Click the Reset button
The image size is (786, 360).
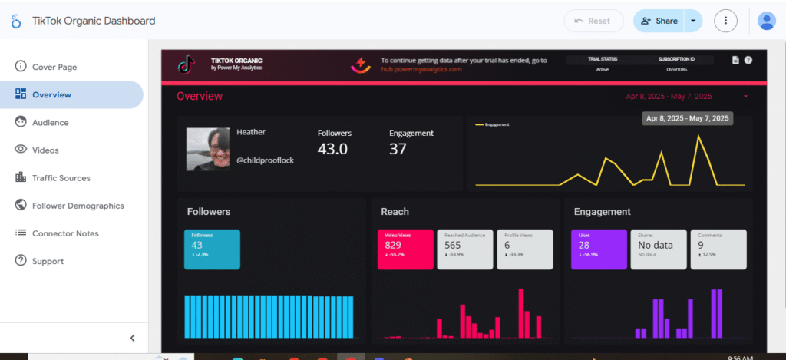click(x=593, y=21)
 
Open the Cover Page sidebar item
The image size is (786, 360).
click(x=54, y=67)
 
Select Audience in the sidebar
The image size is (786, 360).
click(x=50, y=122)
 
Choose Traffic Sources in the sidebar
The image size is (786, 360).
click(x=61, y=177)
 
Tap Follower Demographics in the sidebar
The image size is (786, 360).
click(x=78, y=206)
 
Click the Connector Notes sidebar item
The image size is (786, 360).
click(x=65, y=233)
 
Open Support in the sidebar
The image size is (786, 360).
click(x=47, y=261)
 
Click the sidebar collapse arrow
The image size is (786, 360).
click(x=132, y=338)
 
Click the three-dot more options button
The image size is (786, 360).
click(x=725, y=21)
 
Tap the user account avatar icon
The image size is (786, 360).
click(x=766, y=21)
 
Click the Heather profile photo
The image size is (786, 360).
click(x=207, y=149)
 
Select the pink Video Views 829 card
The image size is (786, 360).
click(x=405, y=249)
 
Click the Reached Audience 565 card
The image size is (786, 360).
click(x=464, y=249)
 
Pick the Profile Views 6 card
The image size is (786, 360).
click(x=524, y=249)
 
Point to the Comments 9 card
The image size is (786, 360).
click(x=718, y=249)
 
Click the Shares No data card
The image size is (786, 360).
click(x=659, y=249)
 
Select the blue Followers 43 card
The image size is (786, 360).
click(x=212, y=249)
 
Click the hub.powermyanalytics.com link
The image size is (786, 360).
click(x=421, y=69)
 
